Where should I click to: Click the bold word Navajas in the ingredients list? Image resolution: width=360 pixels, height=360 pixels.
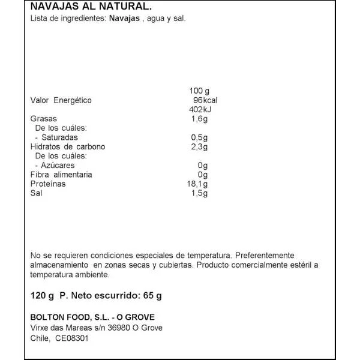(x=124, y=19)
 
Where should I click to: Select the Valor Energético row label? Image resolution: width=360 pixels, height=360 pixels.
(x=61, y=100)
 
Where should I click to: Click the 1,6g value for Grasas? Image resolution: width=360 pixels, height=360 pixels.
(x=198, y=119)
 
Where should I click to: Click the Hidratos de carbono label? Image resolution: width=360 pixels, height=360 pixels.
(x=68, y=147)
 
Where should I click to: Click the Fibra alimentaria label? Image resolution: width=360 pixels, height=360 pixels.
(x=61, y=175)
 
